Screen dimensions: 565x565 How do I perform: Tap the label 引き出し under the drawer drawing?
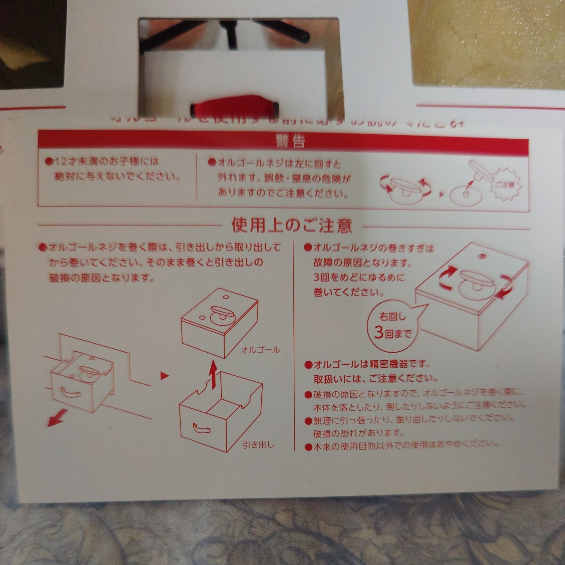(x=258, y=444)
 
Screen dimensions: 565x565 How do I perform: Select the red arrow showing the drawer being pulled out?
(x=59, y=416)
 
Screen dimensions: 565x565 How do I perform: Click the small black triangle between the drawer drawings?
(x=164, y=375)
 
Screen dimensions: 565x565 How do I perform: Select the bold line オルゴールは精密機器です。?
(x=367, y=364)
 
